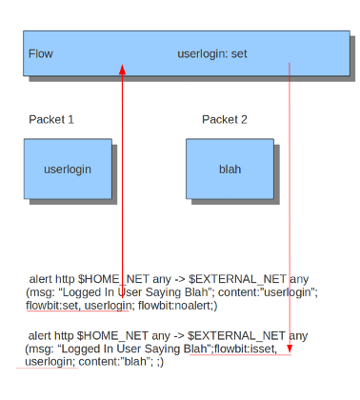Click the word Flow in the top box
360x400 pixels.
coord(41,53)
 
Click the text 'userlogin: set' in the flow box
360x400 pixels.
coord(212,54)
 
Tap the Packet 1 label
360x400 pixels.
coord(51,119)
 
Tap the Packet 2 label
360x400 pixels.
coord(225,119)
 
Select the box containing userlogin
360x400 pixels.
coord(68,169)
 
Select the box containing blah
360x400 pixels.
coord(230,169)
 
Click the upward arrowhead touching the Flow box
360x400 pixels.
coord(122,70)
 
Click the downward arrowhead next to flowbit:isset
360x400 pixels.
coord(290,349)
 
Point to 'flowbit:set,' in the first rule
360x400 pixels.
coord(52,306)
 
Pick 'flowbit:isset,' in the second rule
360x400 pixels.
coord(246,349)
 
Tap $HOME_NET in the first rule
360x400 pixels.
coord(113,279)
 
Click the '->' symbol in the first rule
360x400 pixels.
coord(180,279)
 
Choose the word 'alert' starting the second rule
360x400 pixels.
coord(40,335)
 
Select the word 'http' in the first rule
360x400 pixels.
coord(65,279)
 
